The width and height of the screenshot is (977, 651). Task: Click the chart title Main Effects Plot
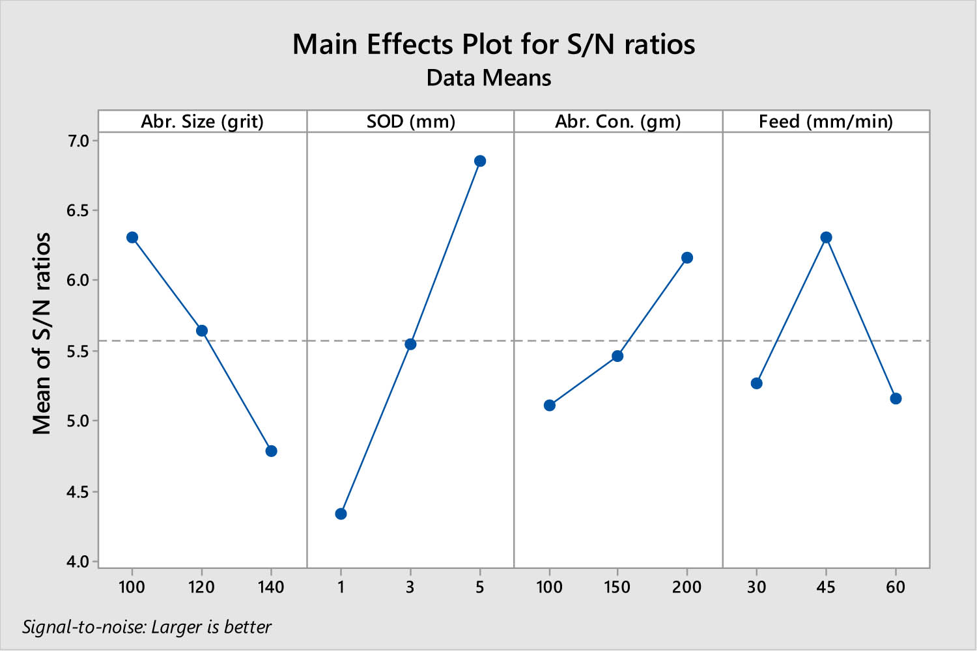pyautogui.click(x=493, y=44)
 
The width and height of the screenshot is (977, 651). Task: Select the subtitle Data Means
pyautogui.click(x=488, y=78)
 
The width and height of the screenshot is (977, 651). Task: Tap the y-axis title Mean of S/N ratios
pyautogui.click(x=42, y=333)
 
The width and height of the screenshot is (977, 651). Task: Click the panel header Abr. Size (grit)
pyautogui.click(x=203, y=122)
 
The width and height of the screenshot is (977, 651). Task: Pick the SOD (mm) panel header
pyautogui.click(x=410, y=122)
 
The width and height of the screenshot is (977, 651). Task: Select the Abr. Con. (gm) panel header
pyautogui.click(x=617, y=122)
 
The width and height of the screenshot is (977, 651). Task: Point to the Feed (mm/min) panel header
pyautogui.click(x=825, y=122)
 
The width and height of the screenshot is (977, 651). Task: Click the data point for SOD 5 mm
pyautogui.click(x=480, y=161)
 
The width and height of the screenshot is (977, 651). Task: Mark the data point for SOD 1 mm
pyautogui.click(x=341, y=514)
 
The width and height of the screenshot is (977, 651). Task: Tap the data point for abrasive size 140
pyautogui.click(x=272, y=451)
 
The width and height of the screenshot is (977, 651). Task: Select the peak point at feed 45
pyautogui.click(x=826, y=238)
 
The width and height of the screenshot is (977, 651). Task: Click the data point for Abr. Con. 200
pyautogui.click(x=687, y=258)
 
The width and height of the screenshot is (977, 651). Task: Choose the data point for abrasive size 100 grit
pyautogui.click(x=132, y=238)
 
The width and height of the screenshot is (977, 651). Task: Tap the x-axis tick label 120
pyautogui.click(x=201, y=587)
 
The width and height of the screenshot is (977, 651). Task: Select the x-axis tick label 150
pyautogui.click(x=617, y=587)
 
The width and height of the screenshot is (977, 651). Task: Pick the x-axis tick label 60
pyautogui.click(x=896, y=587)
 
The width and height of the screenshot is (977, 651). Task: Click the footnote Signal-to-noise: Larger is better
pyautogui.click(x=147, y=627)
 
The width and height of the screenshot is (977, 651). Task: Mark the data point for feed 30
pyautogui.click(x=756, y=383)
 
